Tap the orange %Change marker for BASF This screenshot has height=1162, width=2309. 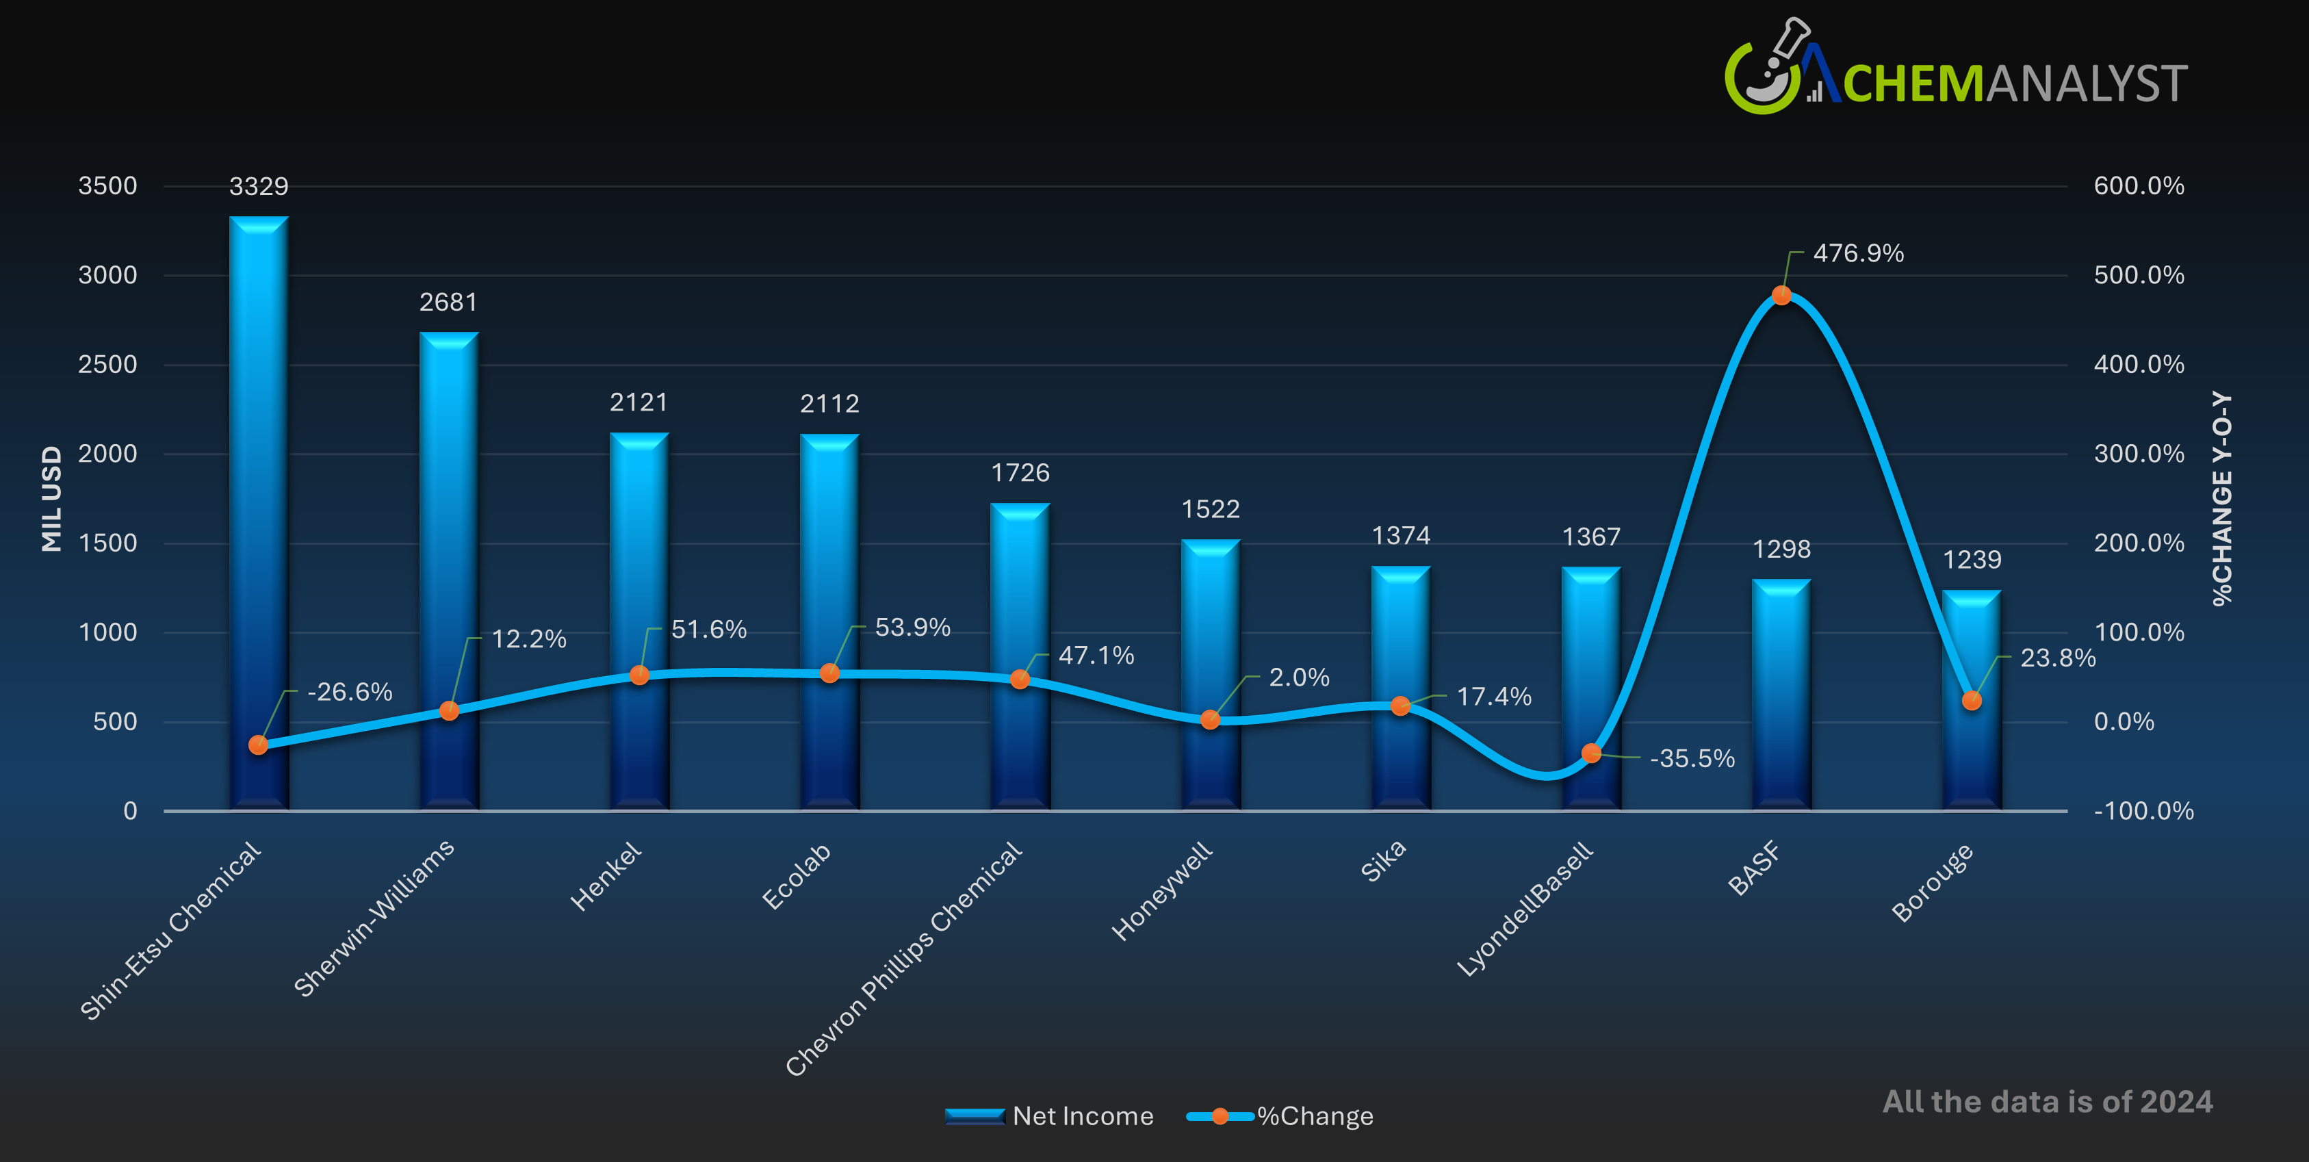[x=1782, y=295]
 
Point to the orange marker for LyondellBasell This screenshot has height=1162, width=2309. [x=1591, y=753]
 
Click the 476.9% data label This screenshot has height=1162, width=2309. [x=1858, y=254]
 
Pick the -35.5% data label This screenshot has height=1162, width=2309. [x=1692, y=758]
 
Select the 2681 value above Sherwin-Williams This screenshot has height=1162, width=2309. [x=448, y=302]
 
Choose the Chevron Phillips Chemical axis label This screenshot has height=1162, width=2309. [x=903, y=959]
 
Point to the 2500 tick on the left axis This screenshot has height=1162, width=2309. [x=107, y=365]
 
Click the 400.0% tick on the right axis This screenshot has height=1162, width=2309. [x=2139, y=365]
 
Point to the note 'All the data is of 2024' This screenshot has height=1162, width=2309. [x=2048, y=1102]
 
